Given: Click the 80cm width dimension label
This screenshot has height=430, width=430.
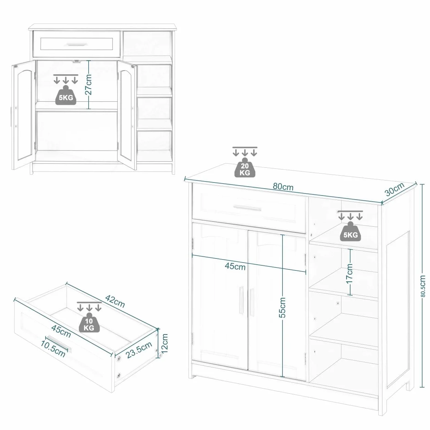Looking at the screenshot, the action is (283, 187).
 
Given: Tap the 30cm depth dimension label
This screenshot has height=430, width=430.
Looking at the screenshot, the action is (395, 189).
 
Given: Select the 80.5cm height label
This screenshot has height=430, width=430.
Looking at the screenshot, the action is (423, 286).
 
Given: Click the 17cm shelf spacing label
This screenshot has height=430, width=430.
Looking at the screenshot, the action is (349, 274).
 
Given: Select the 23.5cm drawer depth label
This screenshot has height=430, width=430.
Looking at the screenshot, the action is (139, 350).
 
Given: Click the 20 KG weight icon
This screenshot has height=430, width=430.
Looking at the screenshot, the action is (245, 167).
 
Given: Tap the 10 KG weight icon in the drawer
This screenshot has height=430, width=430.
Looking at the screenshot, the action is (89, 322).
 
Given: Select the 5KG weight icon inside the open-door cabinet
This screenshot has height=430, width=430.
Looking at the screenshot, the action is (66, 95).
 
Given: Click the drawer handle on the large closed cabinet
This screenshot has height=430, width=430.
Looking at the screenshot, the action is (247, 207).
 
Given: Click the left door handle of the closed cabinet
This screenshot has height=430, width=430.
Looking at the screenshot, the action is (241, 300).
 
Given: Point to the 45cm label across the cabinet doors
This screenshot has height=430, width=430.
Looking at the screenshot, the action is (235, 266).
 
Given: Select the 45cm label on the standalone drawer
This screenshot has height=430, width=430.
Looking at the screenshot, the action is (61, 331).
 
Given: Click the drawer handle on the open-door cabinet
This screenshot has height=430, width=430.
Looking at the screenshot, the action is (77, 44).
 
